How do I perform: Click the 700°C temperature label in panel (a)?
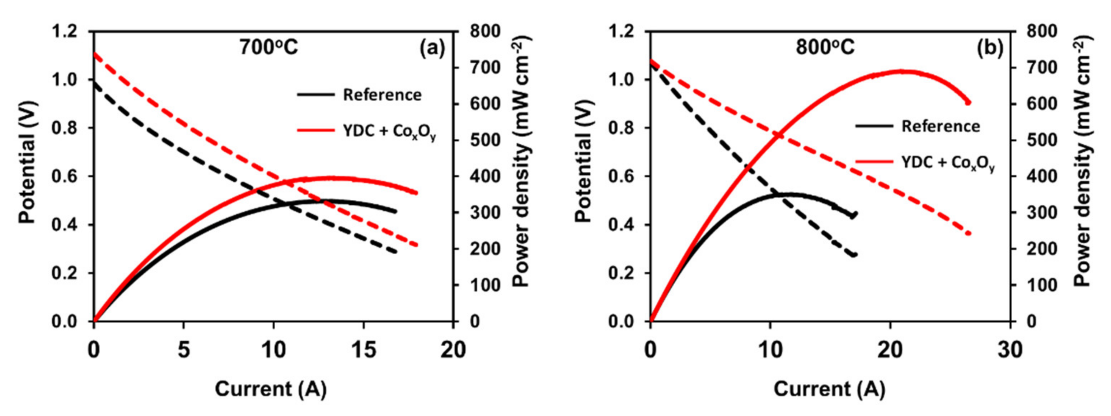pos(269,48)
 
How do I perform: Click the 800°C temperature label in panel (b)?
pos(825,48)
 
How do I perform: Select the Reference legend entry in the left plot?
pos(382,95)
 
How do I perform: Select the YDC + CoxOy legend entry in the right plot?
pos(947,163)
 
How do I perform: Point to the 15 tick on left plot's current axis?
pos(364,350)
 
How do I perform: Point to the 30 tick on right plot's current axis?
pos(1010,350)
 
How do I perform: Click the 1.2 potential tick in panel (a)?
pos(65,32)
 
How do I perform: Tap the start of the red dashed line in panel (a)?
pos(94,54)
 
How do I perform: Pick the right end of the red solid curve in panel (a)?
pos(416,193)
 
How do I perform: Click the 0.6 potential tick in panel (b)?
pos(622,176)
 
